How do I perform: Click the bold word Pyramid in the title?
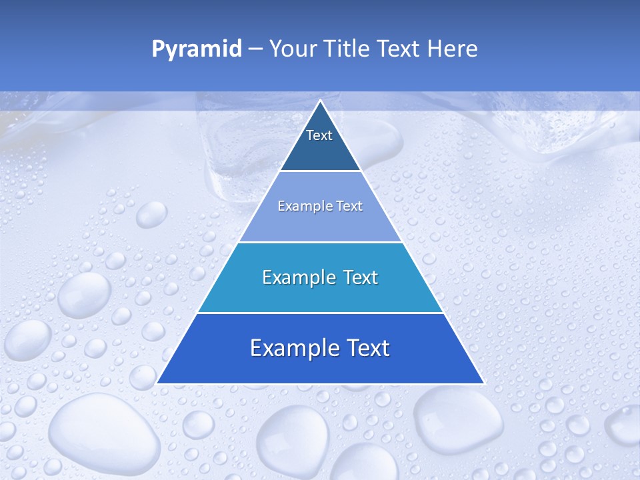(x=196, y=49)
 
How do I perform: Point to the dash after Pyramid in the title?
(x=255, y=49)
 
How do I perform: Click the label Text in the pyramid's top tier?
(x=319, y=135)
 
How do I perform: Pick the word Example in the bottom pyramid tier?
(x=291, y=348)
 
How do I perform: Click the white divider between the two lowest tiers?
(x=320, y=313)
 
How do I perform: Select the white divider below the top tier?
(x=320, y=171)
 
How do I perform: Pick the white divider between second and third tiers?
(x=320, y=242)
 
